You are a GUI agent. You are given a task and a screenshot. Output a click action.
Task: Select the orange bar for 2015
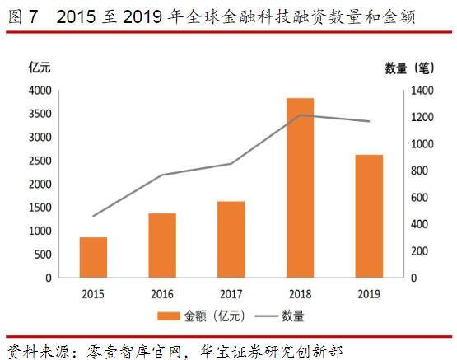pos(93,257)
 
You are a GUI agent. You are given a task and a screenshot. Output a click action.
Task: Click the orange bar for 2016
pos(162,245)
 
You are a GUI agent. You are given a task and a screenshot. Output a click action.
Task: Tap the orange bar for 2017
pos(231,239)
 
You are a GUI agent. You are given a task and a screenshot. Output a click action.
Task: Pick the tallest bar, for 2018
pos(301,188)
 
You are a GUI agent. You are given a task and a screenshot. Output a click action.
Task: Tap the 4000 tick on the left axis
pos(40,91)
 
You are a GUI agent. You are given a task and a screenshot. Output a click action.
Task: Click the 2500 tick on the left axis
pos(40,161)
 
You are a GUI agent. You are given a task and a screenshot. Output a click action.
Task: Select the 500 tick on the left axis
pos(43,255)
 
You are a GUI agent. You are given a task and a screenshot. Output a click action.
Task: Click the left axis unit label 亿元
pos(40,67)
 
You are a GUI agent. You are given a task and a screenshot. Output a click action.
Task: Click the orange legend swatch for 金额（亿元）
pos(170,315)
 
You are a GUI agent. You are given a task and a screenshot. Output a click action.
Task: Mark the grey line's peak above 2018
pos(301,115)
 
